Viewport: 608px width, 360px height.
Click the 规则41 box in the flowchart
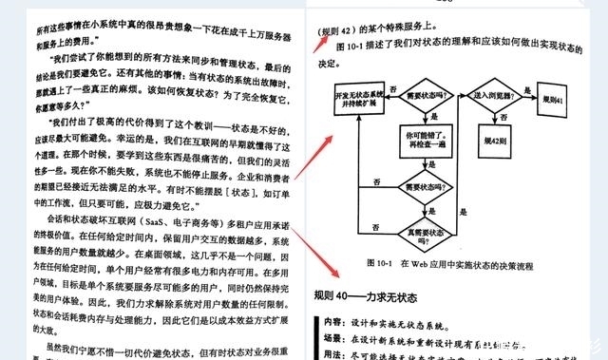coord(553,98)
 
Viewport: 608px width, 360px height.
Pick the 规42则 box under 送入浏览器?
coord(497,140)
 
